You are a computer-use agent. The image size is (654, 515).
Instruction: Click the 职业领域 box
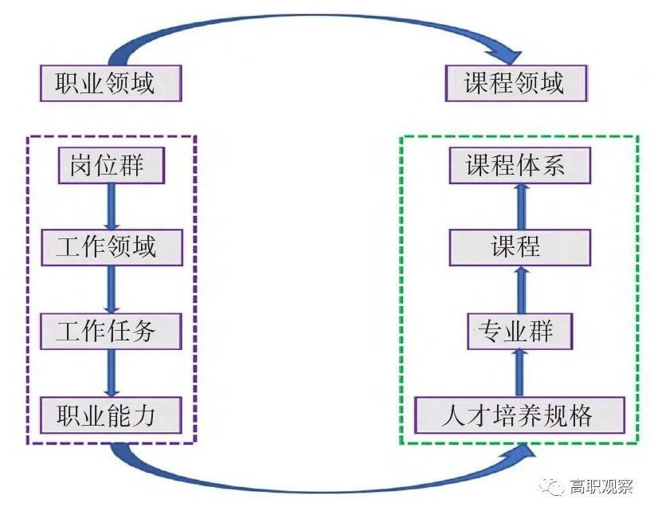(x=110, y=83)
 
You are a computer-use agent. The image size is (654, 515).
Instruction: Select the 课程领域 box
(x=515, y=83)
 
